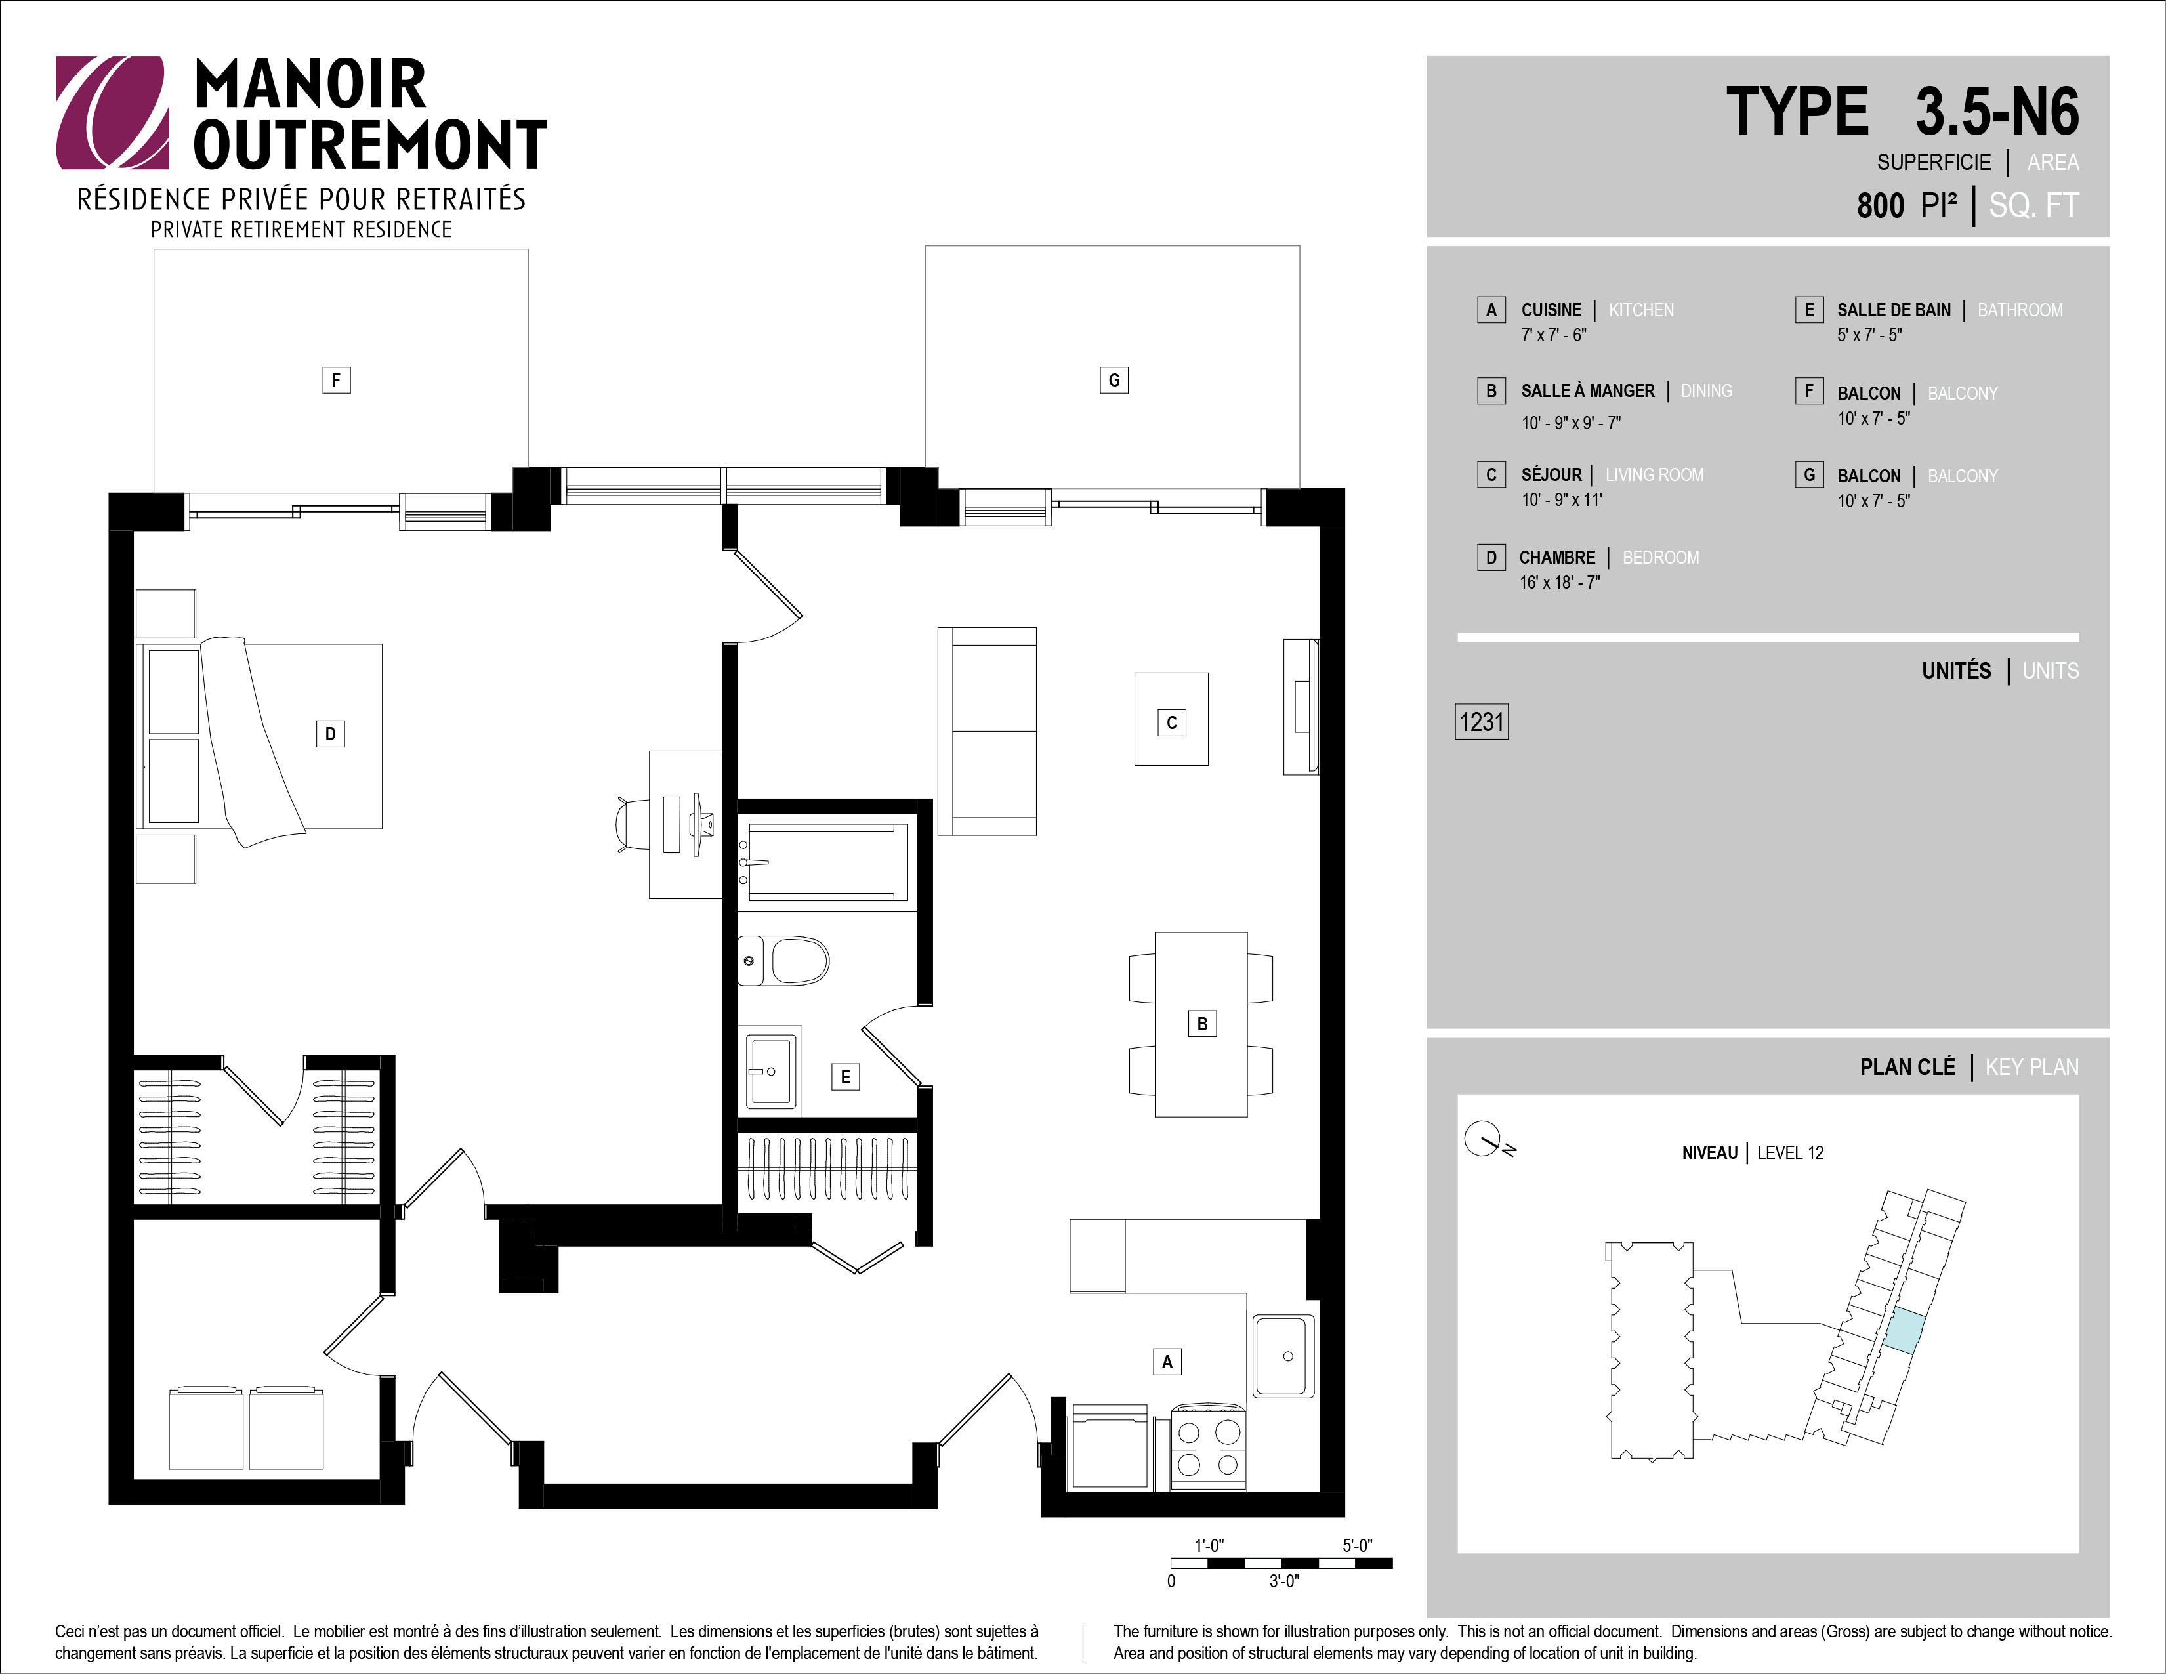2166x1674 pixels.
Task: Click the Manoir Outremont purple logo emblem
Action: coord(112,112)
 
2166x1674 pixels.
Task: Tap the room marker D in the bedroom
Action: coord(330,734)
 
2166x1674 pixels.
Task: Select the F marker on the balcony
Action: coord(336,380)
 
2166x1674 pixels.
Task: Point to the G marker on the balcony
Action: coord(1114,380)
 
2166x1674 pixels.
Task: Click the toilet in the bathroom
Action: coord(783,961)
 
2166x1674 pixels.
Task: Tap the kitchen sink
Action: coord(1283,1356)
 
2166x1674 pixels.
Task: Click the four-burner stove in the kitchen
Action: coord(1208,1448)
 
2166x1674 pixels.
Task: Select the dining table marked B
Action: coord(1201,1024)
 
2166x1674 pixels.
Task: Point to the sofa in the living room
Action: coord(987,731)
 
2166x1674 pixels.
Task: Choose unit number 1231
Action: coord(1482,722)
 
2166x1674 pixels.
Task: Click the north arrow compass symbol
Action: coord(1488,1140)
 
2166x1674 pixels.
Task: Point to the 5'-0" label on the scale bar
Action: coord(1358,1546)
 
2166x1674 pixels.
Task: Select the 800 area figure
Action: coord(1881,205)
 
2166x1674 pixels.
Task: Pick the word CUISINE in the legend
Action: coord(1551,310)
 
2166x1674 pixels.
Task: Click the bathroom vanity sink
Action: coord(770,1071)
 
